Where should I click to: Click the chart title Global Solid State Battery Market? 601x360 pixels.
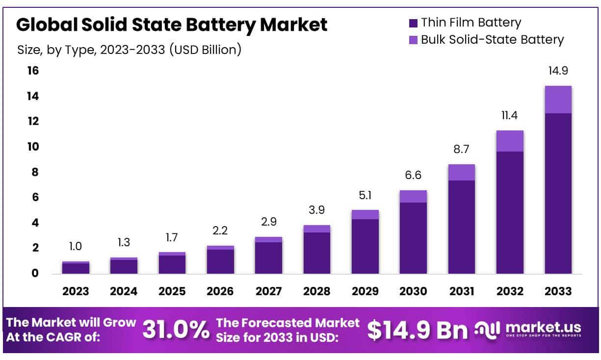coord(172,25)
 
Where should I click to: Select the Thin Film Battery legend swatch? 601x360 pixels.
coord(413,23)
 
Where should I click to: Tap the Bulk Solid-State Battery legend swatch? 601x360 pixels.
coord(413,40)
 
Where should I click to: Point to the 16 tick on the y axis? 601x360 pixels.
coord(32,71)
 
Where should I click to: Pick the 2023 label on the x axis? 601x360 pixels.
coord(76,291)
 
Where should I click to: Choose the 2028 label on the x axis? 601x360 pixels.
coord(316,291)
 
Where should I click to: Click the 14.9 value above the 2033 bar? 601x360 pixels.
coord(558,71)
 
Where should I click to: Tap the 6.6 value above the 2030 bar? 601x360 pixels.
coord(413,175)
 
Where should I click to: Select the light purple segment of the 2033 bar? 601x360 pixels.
coord(558,100)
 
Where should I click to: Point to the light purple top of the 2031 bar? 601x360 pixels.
coord(461,172)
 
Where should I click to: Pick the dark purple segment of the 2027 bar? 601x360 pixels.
coord(268,257)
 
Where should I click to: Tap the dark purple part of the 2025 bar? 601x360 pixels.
coord(172,264)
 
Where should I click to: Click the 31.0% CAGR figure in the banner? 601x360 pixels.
coord(175,330)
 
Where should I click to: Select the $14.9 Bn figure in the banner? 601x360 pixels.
coord(417,330)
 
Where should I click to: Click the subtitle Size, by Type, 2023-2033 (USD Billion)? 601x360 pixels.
coord(129,50)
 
